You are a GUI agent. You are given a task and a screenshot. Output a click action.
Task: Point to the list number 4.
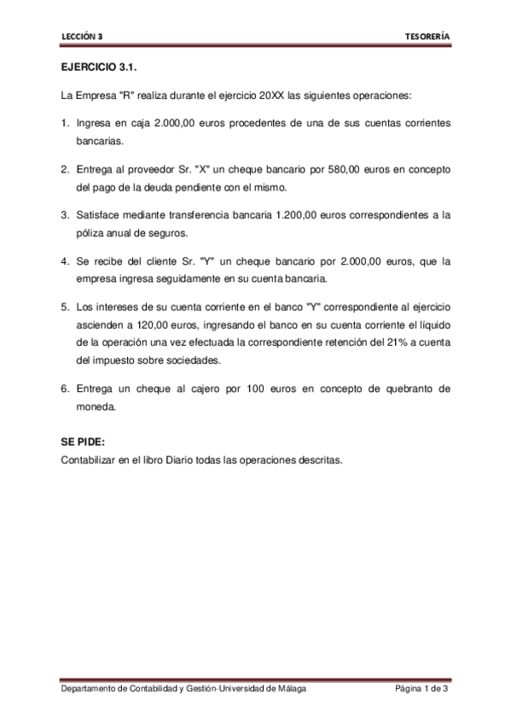(64, 261)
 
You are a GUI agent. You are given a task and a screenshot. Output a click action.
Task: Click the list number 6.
(64, 388)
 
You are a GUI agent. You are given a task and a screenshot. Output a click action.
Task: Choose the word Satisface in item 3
(100, 215)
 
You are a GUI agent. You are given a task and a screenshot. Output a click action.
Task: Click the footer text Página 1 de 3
(421, 688)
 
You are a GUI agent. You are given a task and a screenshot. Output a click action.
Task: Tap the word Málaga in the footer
(287, 688)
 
